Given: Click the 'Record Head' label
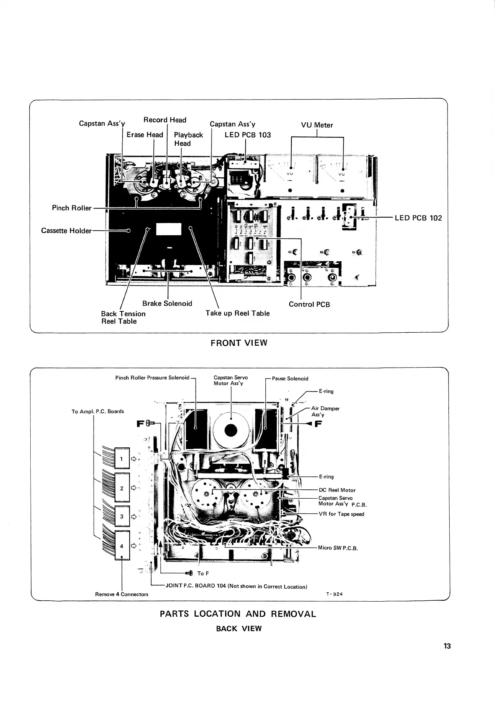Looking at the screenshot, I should click(x=165, y=120).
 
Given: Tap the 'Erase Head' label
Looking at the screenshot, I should click(x=144, y=135).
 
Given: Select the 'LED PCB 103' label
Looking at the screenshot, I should click(x=248, y=135).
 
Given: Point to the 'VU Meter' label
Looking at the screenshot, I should click(x=317, y=125).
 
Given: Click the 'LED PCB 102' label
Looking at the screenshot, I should click(x=418, y=218).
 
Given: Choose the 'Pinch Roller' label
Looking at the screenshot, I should click(x=71, y=208).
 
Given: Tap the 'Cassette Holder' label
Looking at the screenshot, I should click(x=66, y=231).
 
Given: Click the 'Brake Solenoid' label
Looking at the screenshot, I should click(x=167, y=304).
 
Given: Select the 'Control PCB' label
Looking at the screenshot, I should click(x=309, y=305).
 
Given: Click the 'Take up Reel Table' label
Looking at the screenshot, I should click(x=237, y=313).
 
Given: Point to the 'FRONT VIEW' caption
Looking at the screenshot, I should click(x=238, y=342).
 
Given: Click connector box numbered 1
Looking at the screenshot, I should click(x=122, y=459).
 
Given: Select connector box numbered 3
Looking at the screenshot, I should click(x=122, y=517).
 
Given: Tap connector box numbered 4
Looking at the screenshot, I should click(x=122, y=546).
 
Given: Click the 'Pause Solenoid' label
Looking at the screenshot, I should click(x=290, y=379).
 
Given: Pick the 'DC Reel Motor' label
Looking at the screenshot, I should click(x=337, y=490).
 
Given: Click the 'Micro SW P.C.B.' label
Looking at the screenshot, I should click(x=338, y=548).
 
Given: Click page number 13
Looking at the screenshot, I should click(x=447, y=646).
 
